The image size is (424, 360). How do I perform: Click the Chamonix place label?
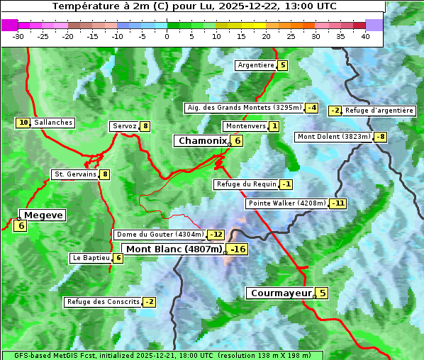click(202, 141)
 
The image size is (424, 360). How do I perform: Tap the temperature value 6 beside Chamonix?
click(238, 141)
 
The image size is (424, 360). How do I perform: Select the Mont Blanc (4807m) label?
click(174, 249)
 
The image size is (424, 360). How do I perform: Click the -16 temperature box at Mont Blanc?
click(238, 249)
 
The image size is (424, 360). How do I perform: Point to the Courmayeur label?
click(281, 293)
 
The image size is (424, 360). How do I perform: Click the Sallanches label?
click(53, 123)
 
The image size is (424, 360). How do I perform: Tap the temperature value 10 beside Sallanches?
click(23, 123)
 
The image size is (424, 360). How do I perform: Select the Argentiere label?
click(256, 65)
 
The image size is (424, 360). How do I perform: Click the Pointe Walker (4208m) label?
click(286, 203)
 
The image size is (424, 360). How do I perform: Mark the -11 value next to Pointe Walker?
click(337, 203)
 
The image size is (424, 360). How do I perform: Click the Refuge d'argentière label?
click(379, 111)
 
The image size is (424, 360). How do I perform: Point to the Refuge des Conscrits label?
click(103, 302)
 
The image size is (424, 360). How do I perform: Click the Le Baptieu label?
click(91, 258)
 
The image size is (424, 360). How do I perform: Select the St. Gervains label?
click(74, 174)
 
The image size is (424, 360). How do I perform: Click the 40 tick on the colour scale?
click(365, 36)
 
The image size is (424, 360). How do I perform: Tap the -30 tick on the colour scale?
click(18, 36)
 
